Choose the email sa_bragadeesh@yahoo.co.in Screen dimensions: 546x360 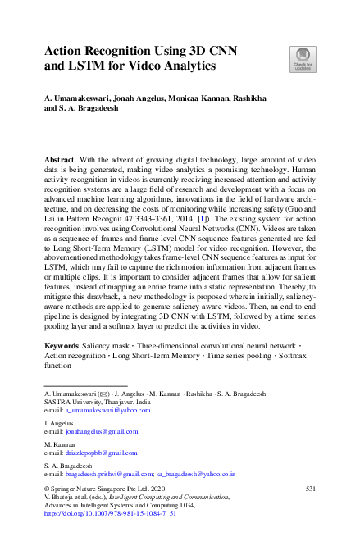click(x=197, y=474)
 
